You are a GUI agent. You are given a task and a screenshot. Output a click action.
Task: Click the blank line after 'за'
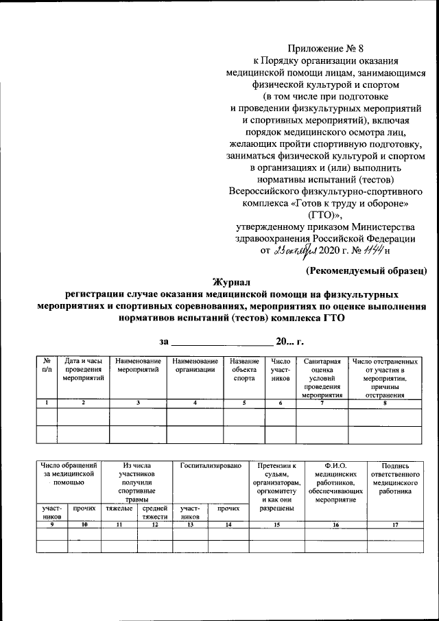coord(220,343)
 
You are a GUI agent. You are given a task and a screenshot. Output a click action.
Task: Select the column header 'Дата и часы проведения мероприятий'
coord(83,370)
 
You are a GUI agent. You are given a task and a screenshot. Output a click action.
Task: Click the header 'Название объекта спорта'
coord(244,370)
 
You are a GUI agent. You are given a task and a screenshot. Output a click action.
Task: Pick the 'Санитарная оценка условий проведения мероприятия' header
coord(322,378)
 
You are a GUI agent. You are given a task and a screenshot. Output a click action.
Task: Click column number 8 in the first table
coord(384,402)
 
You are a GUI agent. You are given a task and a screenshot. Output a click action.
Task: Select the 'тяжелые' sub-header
coord(119,509)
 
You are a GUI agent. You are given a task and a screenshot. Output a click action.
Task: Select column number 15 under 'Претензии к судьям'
coord(276,525)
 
